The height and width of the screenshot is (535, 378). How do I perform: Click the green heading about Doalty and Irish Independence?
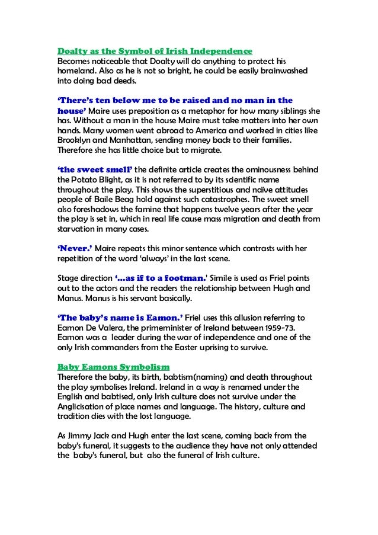(155, 50)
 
